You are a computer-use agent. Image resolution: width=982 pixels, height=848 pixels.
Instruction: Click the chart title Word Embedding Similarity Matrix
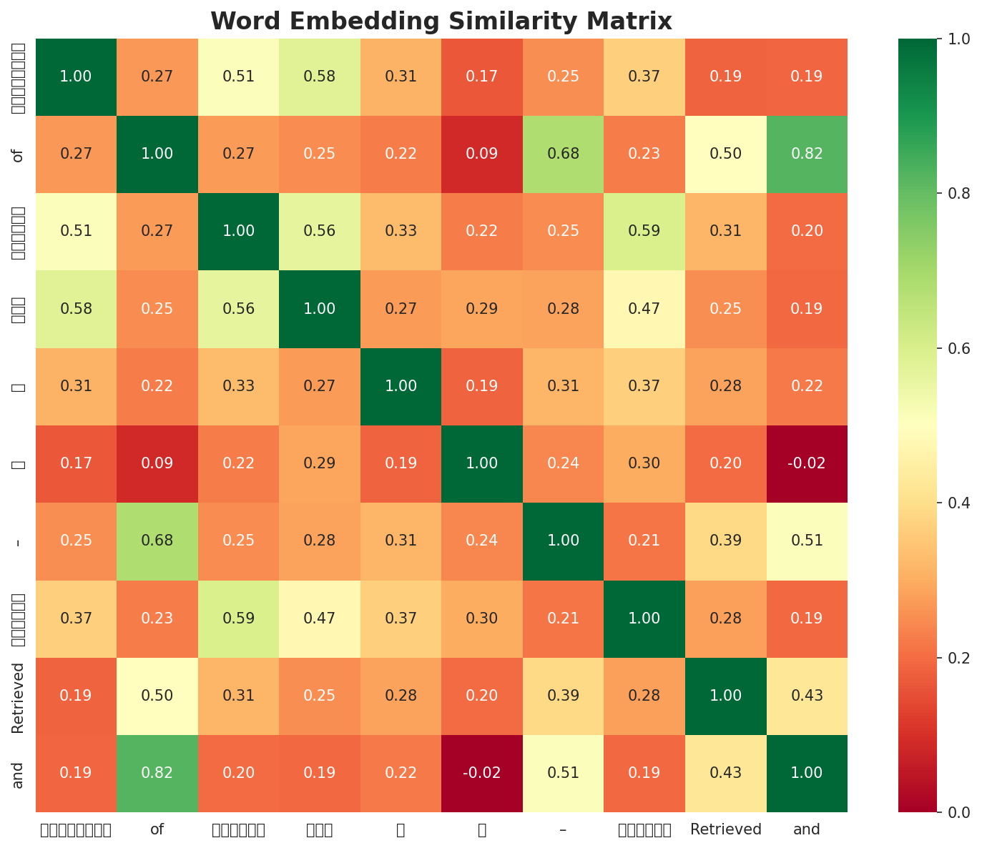(x=441, y=21)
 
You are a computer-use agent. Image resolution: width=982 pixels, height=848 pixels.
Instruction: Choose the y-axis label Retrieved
(x=19, y=696)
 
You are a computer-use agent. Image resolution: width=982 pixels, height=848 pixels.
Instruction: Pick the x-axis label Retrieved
(x=726, y=830)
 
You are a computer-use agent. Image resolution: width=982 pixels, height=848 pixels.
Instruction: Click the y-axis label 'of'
(x=19, y=154)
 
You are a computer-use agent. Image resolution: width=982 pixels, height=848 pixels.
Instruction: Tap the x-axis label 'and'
(x=807, y=830)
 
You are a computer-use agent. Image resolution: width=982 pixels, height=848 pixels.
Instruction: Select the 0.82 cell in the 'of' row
(x=807, y=154)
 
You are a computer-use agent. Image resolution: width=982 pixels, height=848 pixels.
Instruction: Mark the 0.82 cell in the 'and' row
(x=157, y=773)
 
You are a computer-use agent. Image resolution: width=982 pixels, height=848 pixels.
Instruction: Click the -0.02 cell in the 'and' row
(x=482, y=773)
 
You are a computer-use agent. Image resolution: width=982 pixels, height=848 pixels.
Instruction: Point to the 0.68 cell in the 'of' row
(x=564, y=154)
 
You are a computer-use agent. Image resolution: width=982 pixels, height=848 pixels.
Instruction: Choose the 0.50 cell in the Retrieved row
(x=157, y=696)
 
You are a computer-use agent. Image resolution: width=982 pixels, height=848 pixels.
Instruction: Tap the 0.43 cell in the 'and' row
(x=726, y=773)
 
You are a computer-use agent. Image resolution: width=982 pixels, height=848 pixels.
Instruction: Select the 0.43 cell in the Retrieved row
(x=807, y=696)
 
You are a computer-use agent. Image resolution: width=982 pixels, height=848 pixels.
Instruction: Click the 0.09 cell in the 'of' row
(x=482, y=154)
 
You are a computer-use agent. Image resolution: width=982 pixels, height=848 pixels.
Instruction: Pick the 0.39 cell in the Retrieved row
(x=564, y=696)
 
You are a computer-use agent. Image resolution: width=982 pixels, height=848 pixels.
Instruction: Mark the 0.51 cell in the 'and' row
(x=564, y=773)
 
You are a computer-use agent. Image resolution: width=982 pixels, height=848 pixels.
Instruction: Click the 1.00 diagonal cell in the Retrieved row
(x=726, y=696)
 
